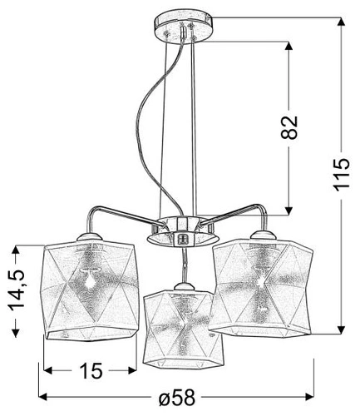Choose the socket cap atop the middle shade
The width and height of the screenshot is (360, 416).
[x=180, y=287]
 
